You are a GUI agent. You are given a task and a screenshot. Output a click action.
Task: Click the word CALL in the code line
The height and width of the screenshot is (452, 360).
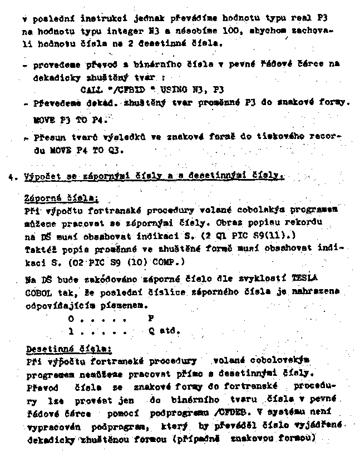(x=90, y=89)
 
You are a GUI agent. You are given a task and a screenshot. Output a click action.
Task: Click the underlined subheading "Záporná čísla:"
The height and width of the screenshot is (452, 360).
(x=53, y=198)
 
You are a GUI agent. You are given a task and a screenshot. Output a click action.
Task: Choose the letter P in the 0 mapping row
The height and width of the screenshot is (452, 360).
(x=150, y=319)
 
